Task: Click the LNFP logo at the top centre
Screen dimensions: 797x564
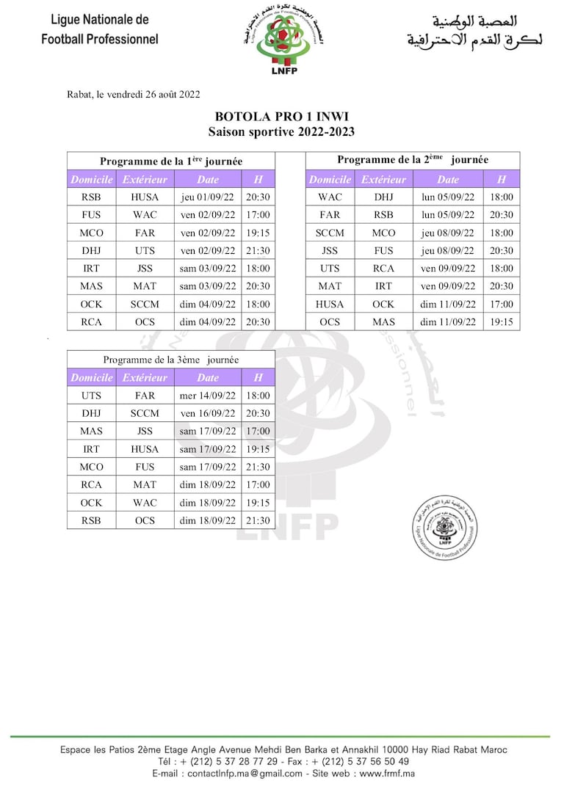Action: (x=283, y=41)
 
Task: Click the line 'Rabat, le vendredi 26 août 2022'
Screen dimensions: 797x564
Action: (x=133, y=94)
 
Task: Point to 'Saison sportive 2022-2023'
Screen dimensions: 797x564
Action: (x=281, y=132)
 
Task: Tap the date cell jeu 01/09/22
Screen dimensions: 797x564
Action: (x=208, y=197)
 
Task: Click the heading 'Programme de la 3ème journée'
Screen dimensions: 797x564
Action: (x=170, y=360)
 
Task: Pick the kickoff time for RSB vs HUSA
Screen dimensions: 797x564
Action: (x=258, y=197)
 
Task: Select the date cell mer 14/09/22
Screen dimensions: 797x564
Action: (x=208, y=396)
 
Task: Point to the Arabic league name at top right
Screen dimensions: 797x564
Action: (x=474, y=32)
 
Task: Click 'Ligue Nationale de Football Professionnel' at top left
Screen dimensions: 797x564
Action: (x=99, y=29)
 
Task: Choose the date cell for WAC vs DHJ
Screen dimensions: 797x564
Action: (x=448, y=197)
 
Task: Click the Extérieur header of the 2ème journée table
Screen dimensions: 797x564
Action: (x=383, y=179)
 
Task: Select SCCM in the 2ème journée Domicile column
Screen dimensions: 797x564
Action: (x=330, y=233)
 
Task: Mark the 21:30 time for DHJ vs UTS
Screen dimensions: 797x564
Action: (x=258, y=251)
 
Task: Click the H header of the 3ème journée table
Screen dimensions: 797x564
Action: (x=258, y=378)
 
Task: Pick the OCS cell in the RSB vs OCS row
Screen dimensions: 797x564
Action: (x=145, y=520)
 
